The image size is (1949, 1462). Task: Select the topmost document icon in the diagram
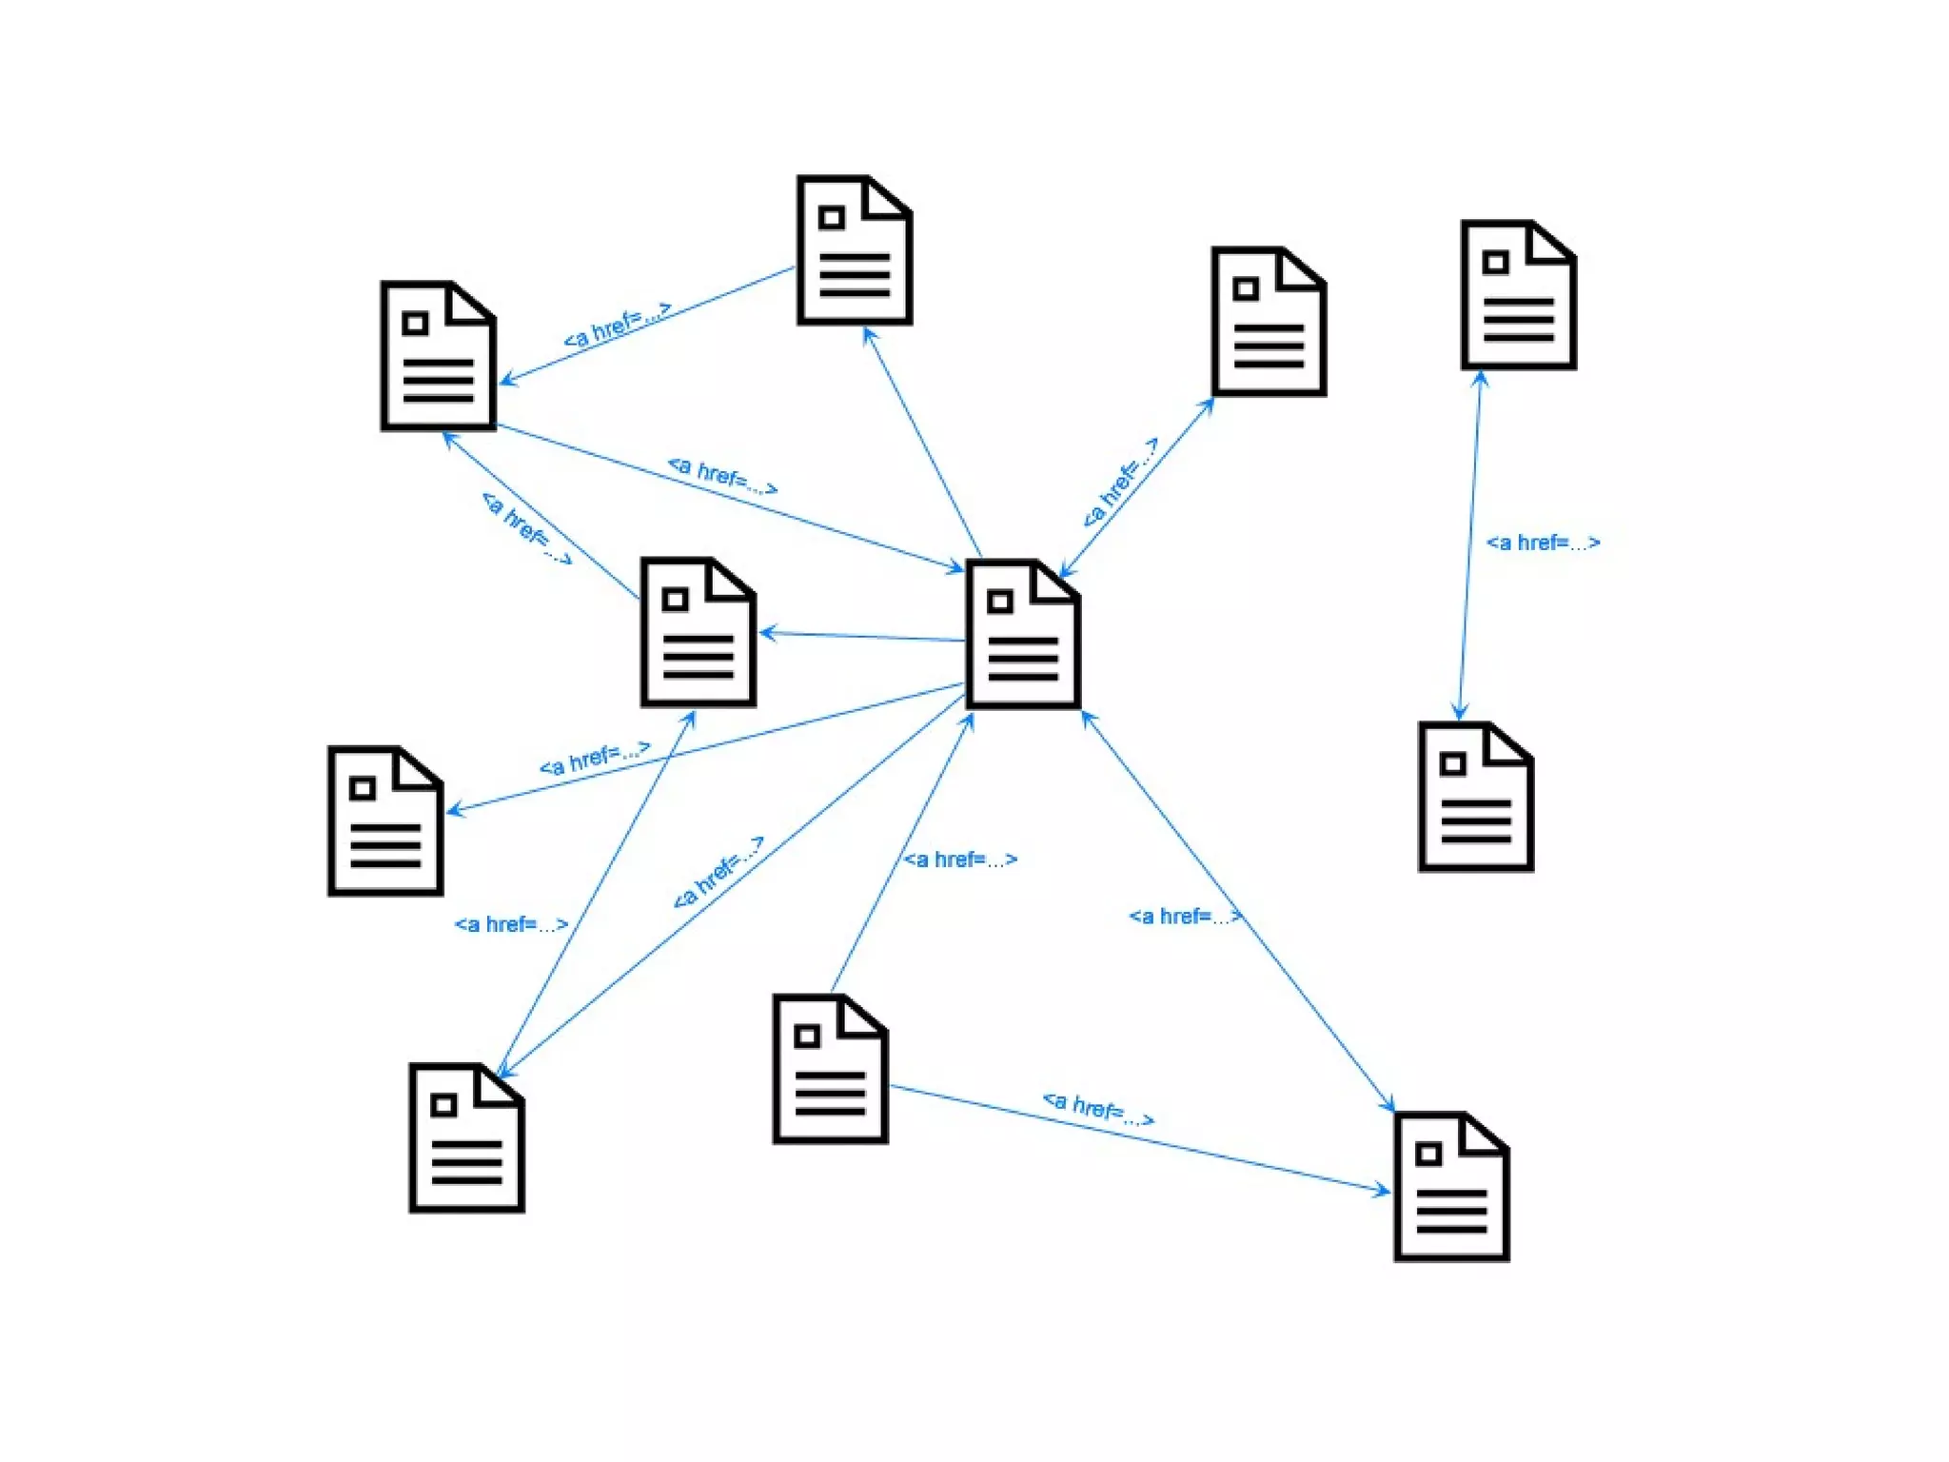[855, 250]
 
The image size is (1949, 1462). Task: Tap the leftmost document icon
[385, 820]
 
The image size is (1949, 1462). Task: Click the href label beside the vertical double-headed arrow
[1543, 543]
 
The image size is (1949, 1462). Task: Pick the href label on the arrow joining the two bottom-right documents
[1098, 1109]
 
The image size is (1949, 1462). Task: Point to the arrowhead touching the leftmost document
[453, 811]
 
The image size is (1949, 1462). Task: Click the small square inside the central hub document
[999, 602]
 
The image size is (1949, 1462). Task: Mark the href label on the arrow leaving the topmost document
[617, 325]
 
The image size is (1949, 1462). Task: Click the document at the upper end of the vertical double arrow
[1519, 295]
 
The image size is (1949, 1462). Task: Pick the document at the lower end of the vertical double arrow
[1475, 797]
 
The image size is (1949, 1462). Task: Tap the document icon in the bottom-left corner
[466, 1137]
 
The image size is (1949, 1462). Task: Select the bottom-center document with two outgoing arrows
[830, 1069]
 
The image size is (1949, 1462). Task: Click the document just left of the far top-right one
[1269, 322]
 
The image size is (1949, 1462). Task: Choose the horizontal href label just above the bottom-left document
[511, 924]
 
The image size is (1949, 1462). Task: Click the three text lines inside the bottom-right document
[1451, 1211]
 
